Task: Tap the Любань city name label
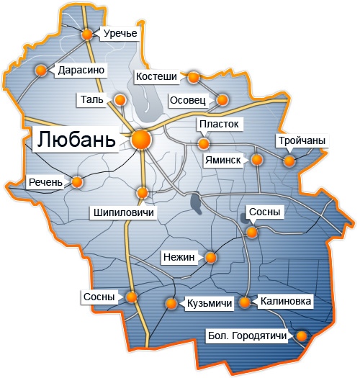(76, 139)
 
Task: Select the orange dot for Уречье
(88, 34)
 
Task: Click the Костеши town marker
(192, 76)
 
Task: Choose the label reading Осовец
(187, 99)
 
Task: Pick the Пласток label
(218, 125)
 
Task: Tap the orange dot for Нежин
(211, 257)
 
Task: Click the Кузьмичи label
(209, 304)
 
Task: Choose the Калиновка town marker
(246, 303)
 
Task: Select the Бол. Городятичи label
(247, 336)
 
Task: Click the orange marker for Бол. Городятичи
(302, 336)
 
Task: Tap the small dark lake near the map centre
(196, 204)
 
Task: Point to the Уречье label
(120, 33)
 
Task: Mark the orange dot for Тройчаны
(289, 161)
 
